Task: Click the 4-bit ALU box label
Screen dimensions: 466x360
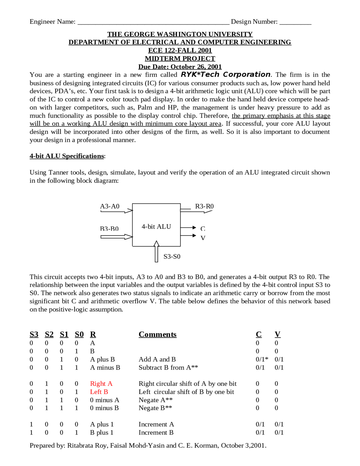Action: (x=156, y=227)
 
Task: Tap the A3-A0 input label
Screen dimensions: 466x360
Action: (x=110, y=206)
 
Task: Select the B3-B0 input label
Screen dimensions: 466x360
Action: (x=109, y=228)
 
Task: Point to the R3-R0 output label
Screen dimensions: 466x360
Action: (x=204, y=206)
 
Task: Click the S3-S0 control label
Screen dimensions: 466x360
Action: (x=172, y=256)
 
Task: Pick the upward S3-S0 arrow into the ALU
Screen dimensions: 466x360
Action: (x=157, y=252)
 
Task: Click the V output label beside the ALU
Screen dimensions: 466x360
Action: (x=203, y=238)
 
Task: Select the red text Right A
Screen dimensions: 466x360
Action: (x=101, y=384)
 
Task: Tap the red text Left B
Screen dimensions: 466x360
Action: (x=99, y=392)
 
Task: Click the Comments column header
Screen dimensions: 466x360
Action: (x=157, y=334)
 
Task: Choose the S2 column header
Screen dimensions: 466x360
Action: (x=49, y=334)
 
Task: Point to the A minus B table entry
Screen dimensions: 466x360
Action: (x=105, y=368)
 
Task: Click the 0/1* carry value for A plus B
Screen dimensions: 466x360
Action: (x=262, y=359)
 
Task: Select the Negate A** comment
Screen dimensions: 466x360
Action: (x=156, y=400)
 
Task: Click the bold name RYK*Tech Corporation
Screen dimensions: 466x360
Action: (x=226, y=75)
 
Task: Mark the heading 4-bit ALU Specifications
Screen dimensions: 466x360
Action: (x=67, y=156)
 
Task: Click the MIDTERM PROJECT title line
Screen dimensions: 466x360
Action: (x=180, y=59)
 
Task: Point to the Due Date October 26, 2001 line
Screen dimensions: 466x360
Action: (x=180, y=67)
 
